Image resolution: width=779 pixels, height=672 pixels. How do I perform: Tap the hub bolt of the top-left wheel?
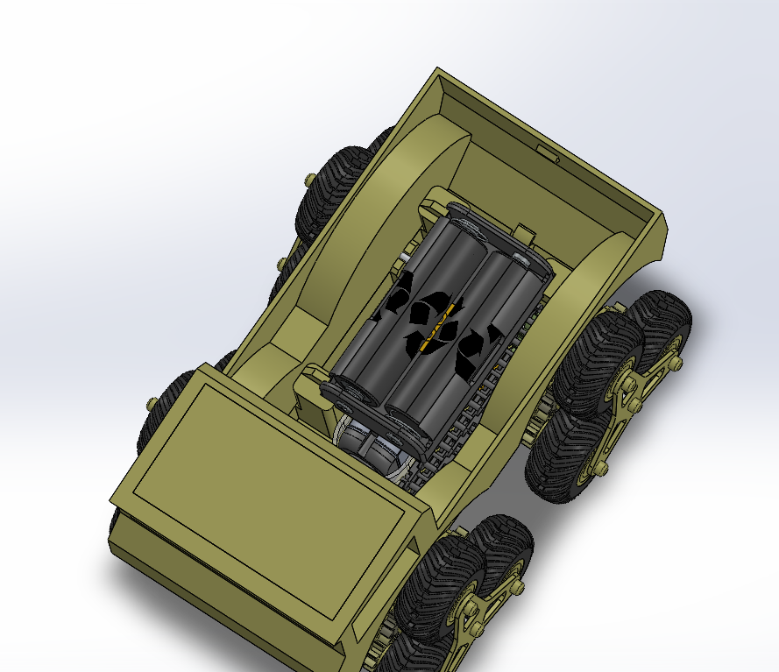point(310,180)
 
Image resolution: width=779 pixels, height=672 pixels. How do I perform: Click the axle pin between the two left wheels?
point(281,264)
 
